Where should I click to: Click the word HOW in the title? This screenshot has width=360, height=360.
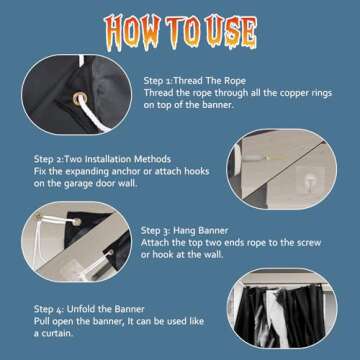pos(132,32)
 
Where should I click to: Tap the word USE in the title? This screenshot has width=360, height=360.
pos(230,32)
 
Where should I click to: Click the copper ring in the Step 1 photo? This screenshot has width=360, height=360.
pos(80,99)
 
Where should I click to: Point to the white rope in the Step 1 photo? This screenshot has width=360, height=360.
pos(94,117)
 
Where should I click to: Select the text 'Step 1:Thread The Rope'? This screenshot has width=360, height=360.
pos(195,81)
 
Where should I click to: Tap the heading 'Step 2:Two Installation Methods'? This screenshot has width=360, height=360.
pos(102,159)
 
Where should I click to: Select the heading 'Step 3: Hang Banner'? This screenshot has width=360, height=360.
pos(184,230)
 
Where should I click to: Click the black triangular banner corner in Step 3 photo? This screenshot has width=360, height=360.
pos(87,224)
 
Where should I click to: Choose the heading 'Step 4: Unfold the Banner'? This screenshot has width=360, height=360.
pos(89,309)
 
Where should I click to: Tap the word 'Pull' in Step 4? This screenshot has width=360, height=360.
pos(42,321)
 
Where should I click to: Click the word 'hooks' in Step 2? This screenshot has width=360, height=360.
pos(196,171)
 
